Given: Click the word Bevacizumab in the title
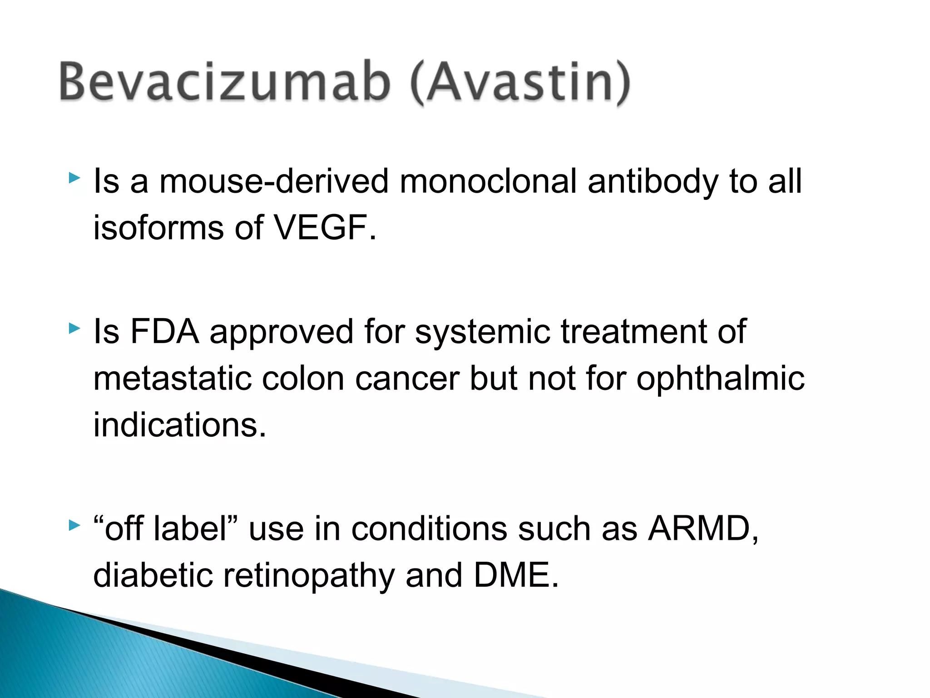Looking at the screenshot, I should [x=225, y=82].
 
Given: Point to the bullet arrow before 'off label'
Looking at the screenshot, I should [x=74, y=526].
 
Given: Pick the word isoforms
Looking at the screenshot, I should [x=158, y=228].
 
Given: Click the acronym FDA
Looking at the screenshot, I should [x=165, y=332].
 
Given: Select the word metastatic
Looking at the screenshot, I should [x=172, y=379].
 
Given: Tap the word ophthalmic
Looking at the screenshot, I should [x=720, y=379].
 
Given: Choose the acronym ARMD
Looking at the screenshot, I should [x=699, y=529].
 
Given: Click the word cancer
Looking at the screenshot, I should [x=407, y=379].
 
